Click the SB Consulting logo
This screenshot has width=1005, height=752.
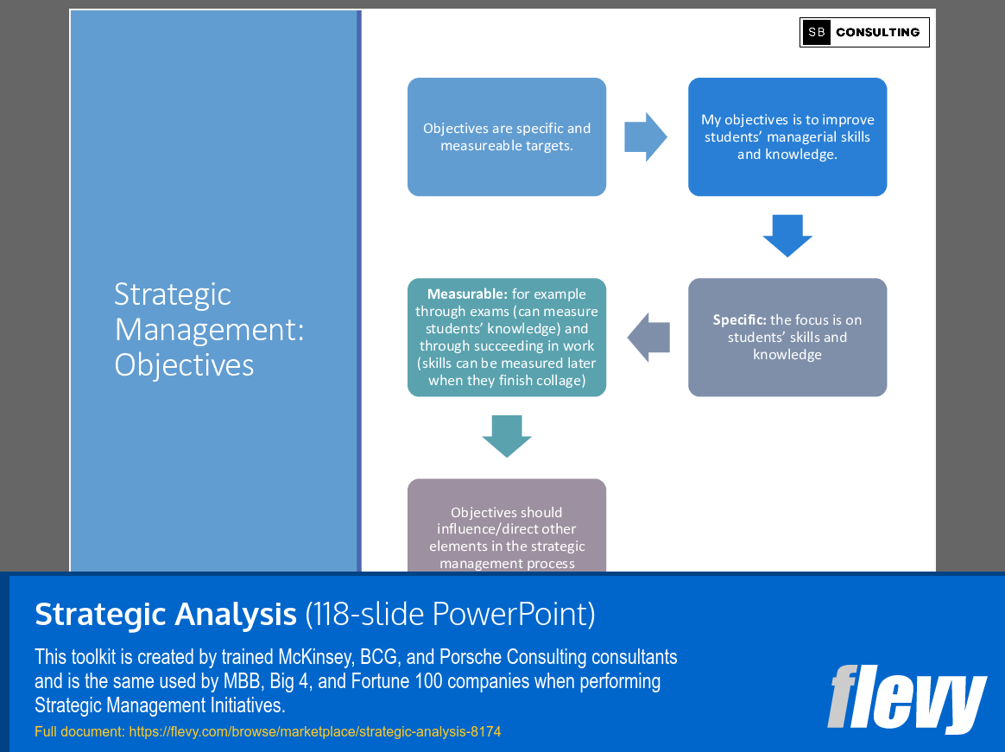[x=864, y=32]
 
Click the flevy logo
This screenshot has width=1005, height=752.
[x=907, y=698]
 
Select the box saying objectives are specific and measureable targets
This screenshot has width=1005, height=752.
[x=507, y=136]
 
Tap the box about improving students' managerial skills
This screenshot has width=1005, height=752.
[x=787, y=136]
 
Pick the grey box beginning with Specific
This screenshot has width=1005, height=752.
[x=787, y=337]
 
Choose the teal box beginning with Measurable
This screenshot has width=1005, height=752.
[x=507, y=337]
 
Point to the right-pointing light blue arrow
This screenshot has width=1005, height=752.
[x=645, y=136]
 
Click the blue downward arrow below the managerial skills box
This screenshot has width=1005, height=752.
[x=787, y=236]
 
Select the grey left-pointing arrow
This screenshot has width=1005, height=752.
[x=648, y=337]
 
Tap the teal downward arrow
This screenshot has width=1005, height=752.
[x=507, y=436]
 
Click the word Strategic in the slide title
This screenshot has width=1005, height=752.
[x=173, y=294]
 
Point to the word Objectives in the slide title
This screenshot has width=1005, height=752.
[x=184, y=365]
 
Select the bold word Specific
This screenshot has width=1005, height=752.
[x=739, y=319]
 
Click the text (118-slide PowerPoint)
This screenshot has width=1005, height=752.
[x=450, y=614]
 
